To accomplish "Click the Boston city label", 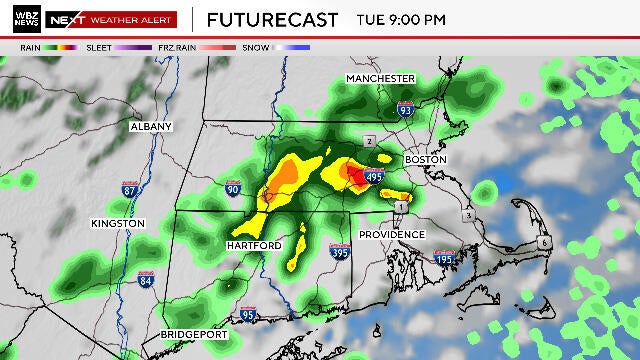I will (423, 160).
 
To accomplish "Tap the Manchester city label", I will (380, 78).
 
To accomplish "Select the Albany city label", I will (151, 127).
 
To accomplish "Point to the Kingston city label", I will (118, 223).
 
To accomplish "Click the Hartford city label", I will (254, 245).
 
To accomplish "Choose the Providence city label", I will (393, 234).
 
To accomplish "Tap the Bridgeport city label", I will (194, 334).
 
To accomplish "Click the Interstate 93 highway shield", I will (405, 111).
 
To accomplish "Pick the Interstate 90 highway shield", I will (233, 187).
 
